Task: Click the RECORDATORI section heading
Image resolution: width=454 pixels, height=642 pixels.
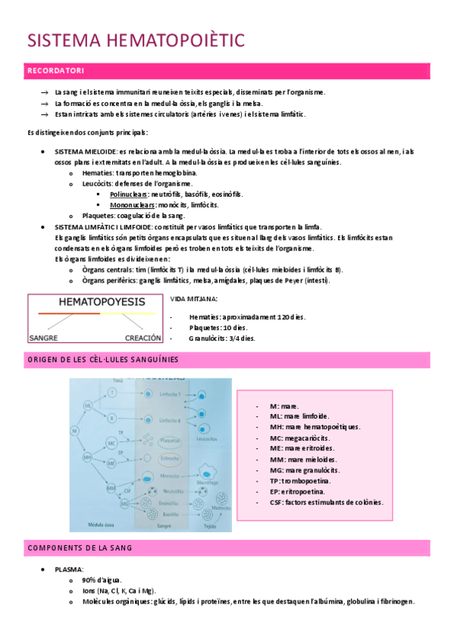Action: pyautogui.click(x=55, y=71)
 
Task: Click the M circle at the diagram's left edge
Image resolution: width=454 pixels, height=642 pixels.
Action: pyautogui.click(x=75, y=431)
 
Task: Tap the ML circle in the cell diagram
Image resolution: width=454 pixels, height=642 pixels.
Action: pyautogui.click(x=89, y=407)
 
